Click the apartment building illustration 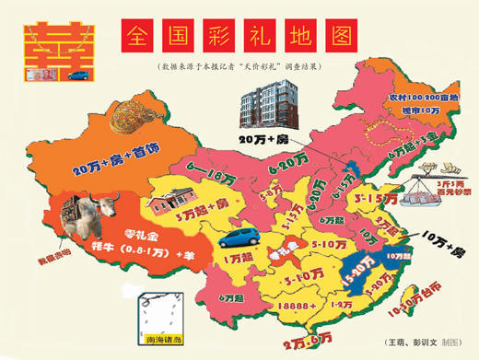tap(268, 102)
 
